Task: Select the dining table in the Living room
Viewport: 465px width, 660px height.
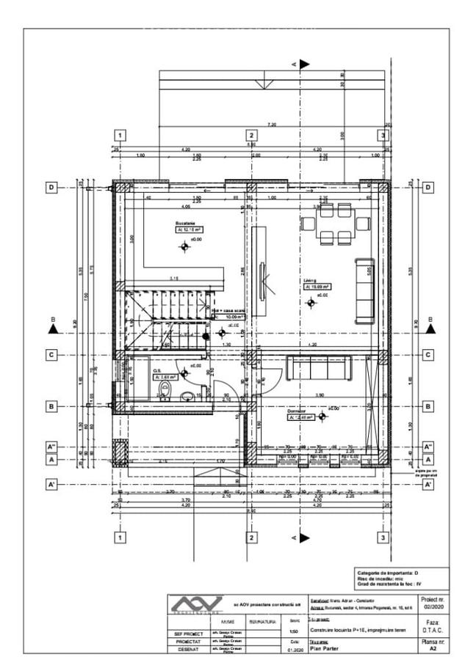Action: (x=336, y=223)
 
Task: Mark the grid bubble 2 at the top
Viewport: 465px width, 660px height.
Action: (x=251, y=135)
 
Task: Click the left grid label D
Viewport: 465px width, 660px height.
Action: (x=51, y=188)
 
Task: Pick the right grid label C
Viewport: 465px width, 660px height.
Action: (x=428, y=355)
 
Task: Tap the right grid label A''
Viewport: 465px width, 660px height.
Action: (x=428, y=447)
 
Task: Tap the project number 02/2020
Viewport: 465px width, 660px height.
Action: (x=433, y=606)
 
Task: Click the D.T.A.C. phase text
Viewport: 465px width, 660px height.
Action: (x=433, y=628)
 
